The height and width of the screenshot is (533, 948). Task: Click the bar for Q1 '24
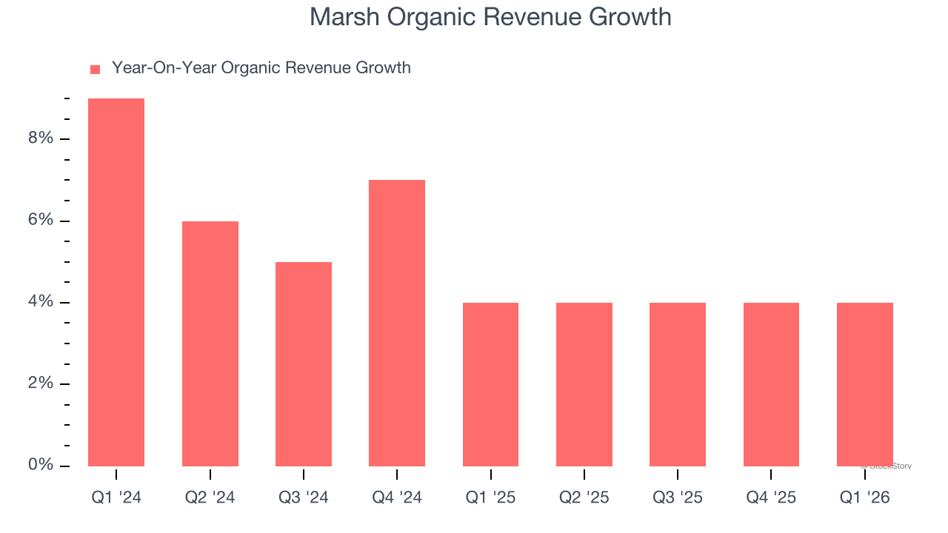click(x=116, y=282)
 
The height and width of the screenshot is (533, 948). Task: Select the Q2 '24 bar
click(x=210, y=343)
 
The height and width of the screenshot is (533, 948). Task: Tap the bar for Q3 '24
click(x=304, y=364)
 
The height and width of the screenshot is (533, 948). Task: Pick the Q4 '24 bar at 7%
click(x=397, y=323)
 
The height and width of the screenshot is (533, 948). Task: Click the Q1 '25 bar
click(x=490, y=384)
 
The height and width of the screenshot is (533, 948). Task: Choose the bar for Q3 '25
click(x=678, y=384)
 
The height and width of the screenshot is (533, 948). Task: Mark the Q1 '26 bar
click(x=864, y=384)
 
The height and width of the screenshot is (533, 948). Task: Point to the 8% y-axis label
click(x=41, y=139)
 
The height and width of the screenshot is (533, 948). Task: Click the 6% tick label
click(x=41, y=221)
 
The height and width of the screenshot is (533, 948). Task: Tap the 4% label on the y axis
click(x=41, y=302)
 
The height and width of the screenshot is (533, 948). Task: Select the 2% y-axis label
click(x=41, y=383)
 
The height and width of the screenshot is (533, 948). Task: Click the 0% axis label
click(x=41, y=465)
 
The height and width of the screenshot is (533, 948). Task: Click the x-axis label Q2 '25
click(x=584, y=497)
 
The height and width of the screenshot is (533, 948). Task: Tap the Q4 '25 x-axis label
click(x=771, y=497)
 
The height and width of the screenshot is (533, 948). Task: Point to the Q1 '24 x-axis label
click(x=116, y=497)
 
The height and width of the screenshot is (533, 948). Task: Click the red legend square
click(x=95, y=69)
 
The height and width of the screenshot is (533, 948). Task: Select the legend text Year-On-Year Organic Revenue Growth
click(x=261, y=68)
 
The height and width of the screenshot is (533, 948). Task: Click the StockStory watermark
click(x=887, y=466)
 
